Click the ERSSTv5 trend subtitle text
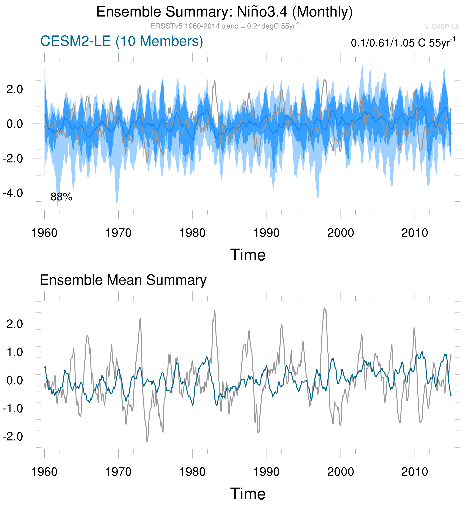[x=224, y=26]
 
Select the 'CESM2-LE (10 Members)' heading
[x=122, y=41]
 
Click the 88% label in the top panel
[x=61, y=197]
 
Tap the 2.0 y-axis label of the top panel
[x=15, y=89]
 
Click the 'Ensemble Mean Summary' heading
[x=123, y=280]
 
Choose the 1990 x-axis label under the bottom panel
[x=266, y=472]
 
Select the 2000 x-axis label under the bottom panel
[x=340, y=472]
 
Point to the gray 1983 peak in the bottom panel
[x=215, y=310]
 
